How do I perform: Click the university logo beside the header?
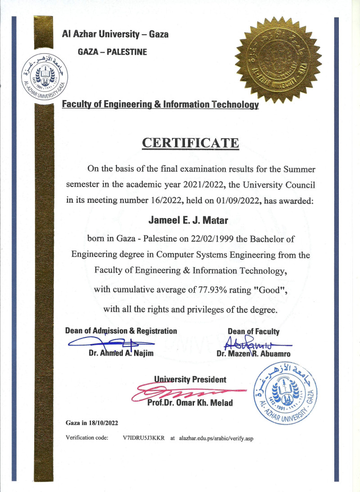[43, 79]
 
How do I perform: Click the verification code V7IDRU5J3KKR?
[144, 437]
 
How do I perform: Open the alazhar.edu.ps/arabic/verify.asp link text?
[216, 437]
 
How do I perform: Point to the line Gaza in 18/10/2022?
[92, 423]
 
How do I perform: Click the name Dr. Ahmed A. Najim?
[121, 354]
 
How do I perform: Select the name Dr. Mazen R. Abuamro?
[253, 354]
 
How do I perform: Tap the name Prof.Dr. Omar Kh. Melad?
[190, 403]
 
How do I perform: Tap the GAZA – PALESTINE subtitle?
[112, 52]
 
